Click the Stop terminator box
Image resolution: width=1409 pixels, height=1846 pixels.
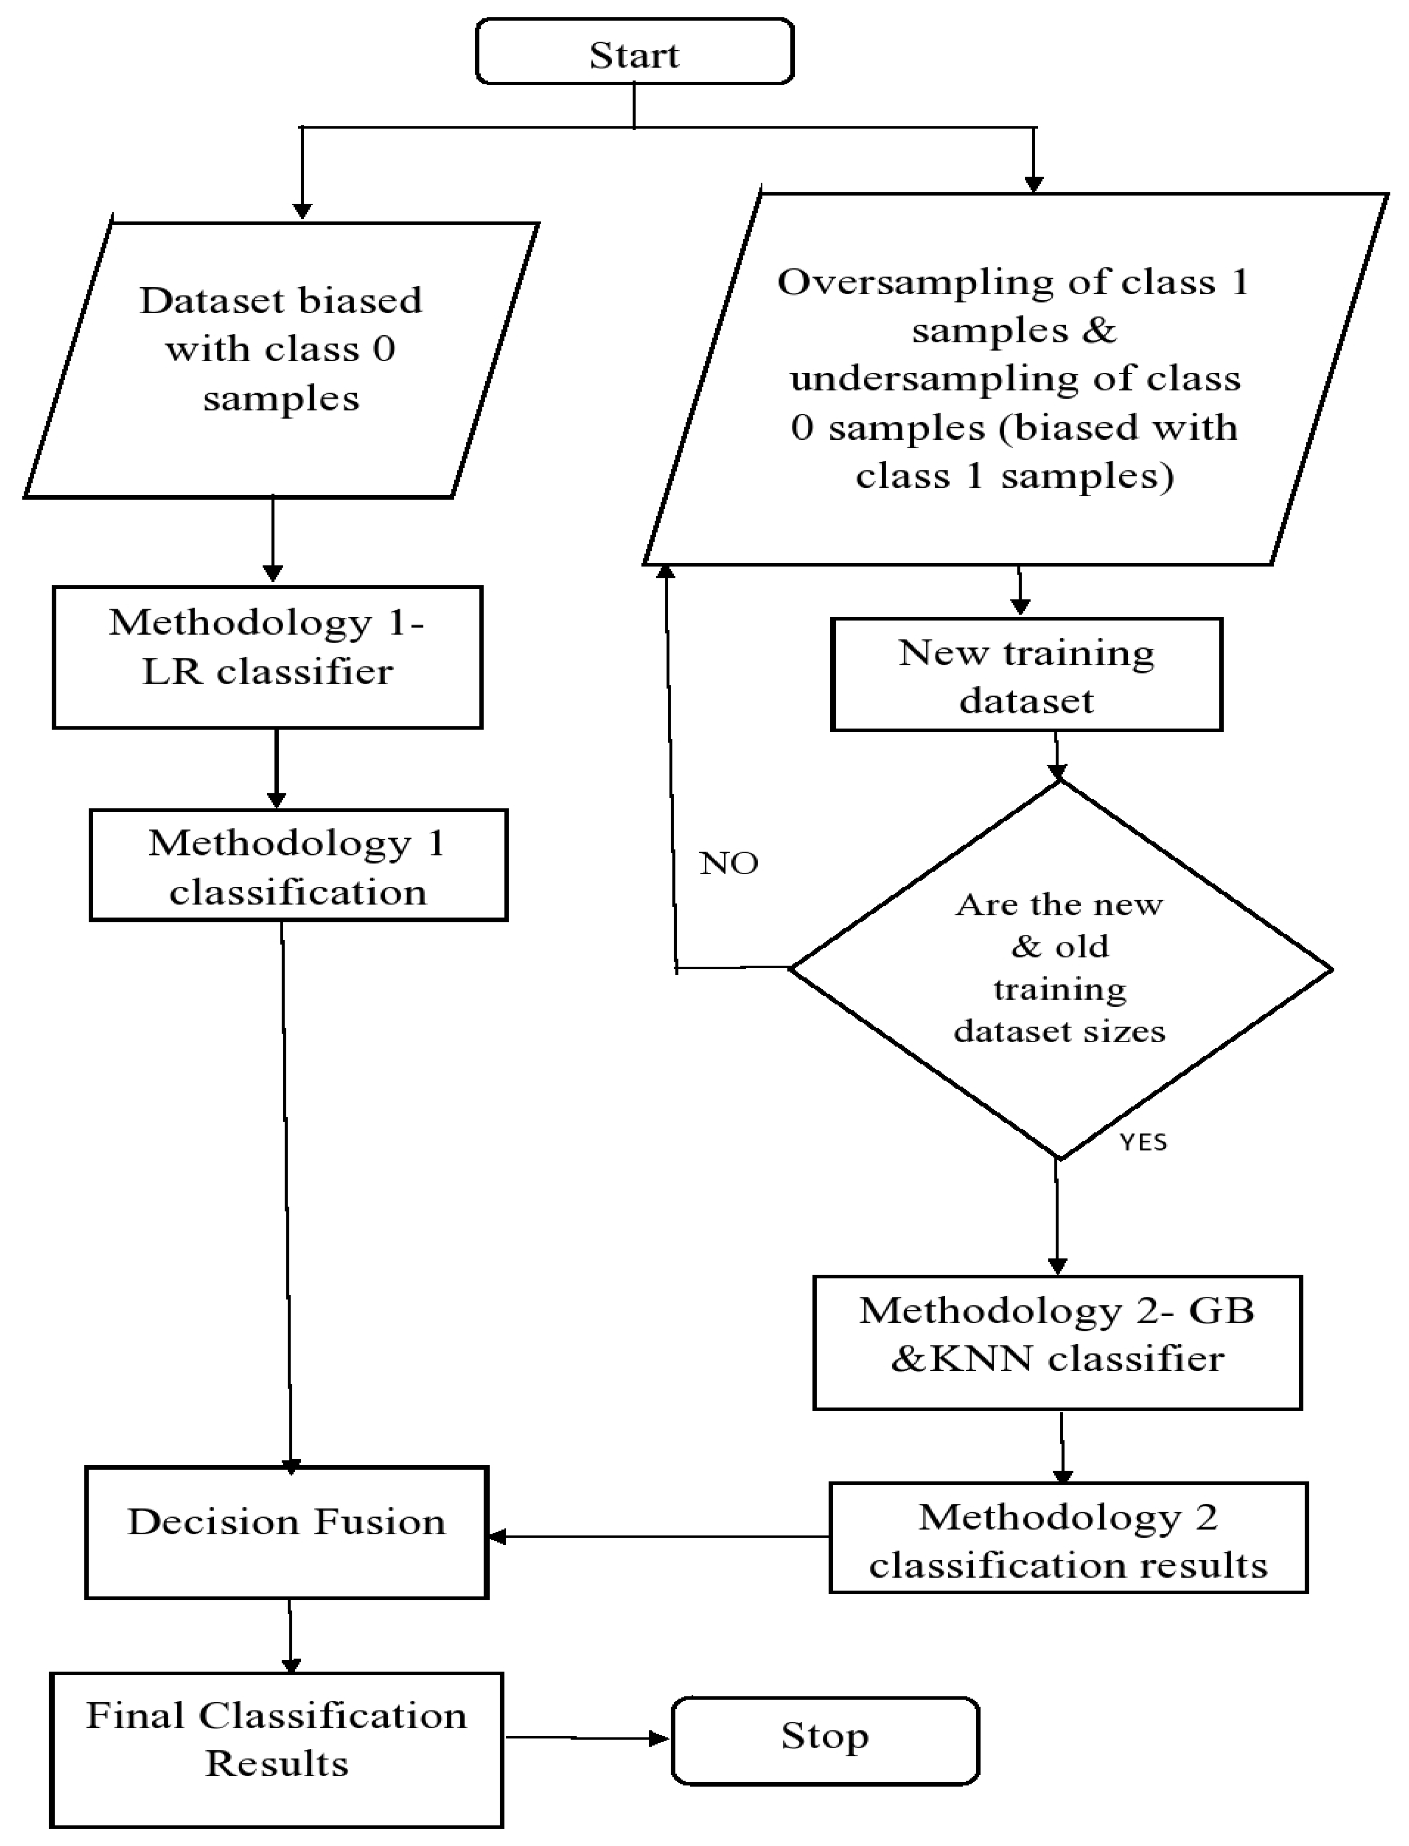click(825, 1739)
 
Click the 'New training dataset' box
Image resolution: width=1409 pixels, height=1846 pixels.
click(1026, 675)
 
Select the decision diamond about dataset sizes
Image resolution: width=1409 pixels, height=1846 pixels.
click(1060, 969)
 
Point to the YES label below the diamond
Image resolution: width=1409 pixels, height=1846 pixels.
click(1143, 1142)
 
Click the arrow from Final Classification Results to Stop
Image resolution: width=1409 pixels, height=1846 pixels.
click(587, 1738)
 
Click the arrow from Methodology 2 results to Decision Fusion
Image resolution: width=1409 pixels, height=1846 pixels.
click(658, 1537)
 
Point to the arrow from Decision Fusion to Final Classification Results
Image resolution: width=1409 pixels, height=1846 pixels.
click(290, 1635)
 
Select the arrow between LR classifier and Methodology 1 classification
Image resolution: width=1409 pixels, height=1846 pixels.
click(276, 768)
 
